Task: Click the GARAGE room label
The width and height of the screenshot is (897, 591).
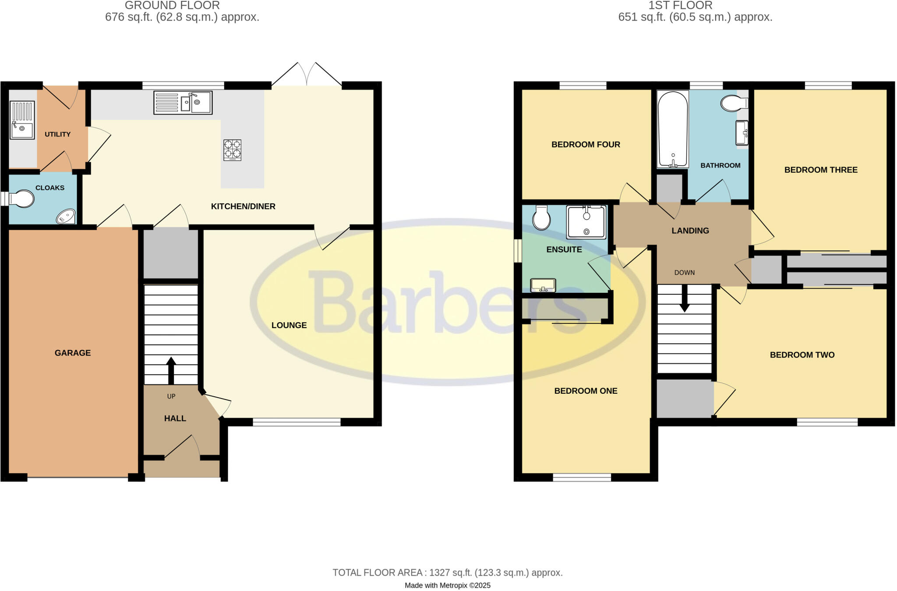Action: [x=73, y=353]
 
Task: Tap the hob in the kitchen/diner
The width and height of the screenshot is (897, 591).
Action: [x=233, y=150]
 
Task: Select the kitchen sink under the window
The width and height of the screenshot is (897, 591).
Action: [x=183, y=103]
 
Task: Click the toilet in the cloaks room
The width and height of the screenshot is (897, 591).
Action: [x=22, y=199]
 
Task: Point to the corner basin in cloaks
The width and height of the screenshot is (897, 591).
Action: [x=66, y=217]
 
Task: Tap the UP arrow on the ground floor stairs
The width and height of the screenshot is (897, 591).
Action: [x=171, y=370]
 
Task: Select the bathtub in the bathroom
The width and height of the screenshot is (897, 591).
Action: [x=673, y=129]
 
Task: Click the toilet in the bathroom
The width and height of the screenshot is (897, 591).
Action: [x=734, y=103]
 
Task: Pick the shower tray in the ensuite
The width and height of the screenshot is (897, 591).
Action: [x=586, y=222]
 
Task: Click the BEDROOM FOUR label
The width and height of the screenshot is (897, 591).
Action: [x=586, y=145]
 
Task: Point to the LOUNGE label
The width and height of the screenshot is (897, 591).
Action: [x=289, y=325]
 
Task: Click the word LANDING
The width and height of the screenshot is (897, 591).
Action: [x=690, y=231]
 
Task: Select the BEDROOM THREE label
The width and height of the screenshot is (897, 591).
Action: [x=821, y=170]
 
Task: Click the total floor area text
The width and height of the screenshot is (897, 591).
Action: [x=447, y=573]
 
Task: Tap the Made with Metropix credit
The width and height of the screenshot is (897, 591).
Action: [x=447, y=585]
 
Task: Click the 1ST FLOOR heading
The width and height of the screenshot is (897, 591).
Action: [x=680, y=6]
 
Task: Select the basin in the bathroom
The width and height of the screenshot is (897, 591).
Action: [x=742, y=132]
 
